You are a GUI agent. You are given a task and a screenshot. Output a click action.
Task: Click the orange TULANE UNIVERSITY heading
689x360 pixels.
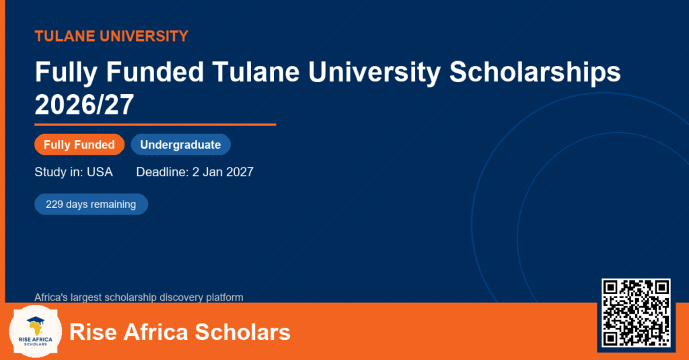coord(112,36)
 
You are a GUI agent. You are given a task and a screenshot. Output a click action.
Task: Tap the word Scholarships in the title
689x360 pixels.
coord(535,71)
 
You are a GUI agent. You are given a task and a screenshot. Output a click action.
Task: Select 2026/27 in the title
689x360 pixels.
coord(84,104)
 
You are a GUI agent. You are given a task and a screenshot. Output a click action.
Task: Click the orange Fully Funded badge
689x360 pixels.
coord(79,145)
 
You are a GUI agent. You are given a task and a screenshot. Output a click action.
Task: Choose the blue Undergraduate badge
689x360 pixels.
coord(180,145)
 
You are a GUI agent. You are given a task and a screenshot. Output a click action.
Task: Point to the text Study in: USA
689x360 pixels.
coord(74,172)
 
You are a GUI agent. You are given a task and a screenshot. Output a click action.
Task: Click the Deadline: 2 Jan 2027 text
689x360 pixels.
coord(194,172)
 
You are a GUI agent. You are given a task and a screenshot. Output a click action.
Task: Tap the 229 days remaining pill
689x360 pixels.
coord(91,205)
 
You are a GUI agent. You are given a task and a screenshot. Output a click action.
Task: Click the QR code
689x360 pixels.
coord(636,312)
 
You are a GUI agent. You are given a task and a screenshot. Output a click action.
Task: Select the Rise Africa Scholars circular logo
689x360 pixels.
coord(36,332)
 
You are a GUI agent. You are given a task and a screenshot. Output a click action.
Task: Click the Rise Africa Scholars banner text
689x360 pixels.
coord(180,332)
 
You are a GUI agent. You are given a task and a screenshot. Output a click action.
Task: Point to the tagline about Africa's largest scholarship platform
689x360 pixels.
coord(139,297)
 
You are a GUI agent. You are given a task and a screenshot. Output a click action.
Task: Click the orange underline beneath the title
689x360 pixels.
coord(155,125)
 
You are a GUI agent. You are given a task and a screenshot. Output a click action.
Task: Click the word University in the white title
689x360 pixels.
coord(374,71)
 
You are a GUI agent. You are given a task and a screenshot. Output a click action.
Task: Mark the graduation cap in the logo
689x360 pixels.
coord(36,320)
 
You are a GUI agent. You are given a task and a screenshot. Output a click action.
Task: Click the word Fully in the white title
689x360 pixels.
coord(66,71)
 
